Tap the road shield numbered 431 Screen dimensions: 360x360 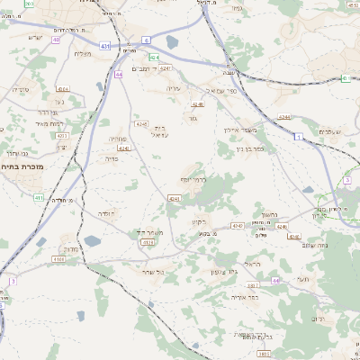(106, 45)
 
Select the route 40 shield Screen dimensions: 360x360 (56, 40)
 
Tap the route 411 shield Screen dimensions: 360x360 (38, 197)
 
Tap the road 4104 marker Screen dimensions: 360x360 (58, 259)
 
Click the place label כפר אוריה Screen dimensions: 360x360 (243, 296)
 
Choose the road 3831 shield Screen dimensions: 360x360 (263, 355)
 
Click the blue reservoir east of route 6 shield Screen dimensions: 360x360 (171, 41)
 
